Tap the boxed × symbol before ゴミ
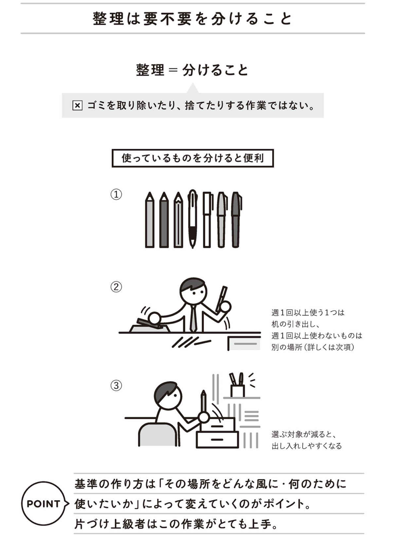tap(77, 106)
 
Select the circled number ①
tap(116, 195)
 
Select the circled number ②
tap(116, 287)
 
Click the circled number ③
tap(116, 386)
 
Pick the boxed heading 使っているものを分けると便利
tap(193, 158)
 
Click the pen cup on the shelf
tap(237, 391)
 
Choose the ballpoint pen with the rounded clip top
tap(193, 219)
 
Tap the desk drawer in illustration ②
tap(244, 343)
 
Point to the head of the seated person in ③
tap(168, 395)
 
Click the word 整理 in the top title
tap(108, 19)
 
